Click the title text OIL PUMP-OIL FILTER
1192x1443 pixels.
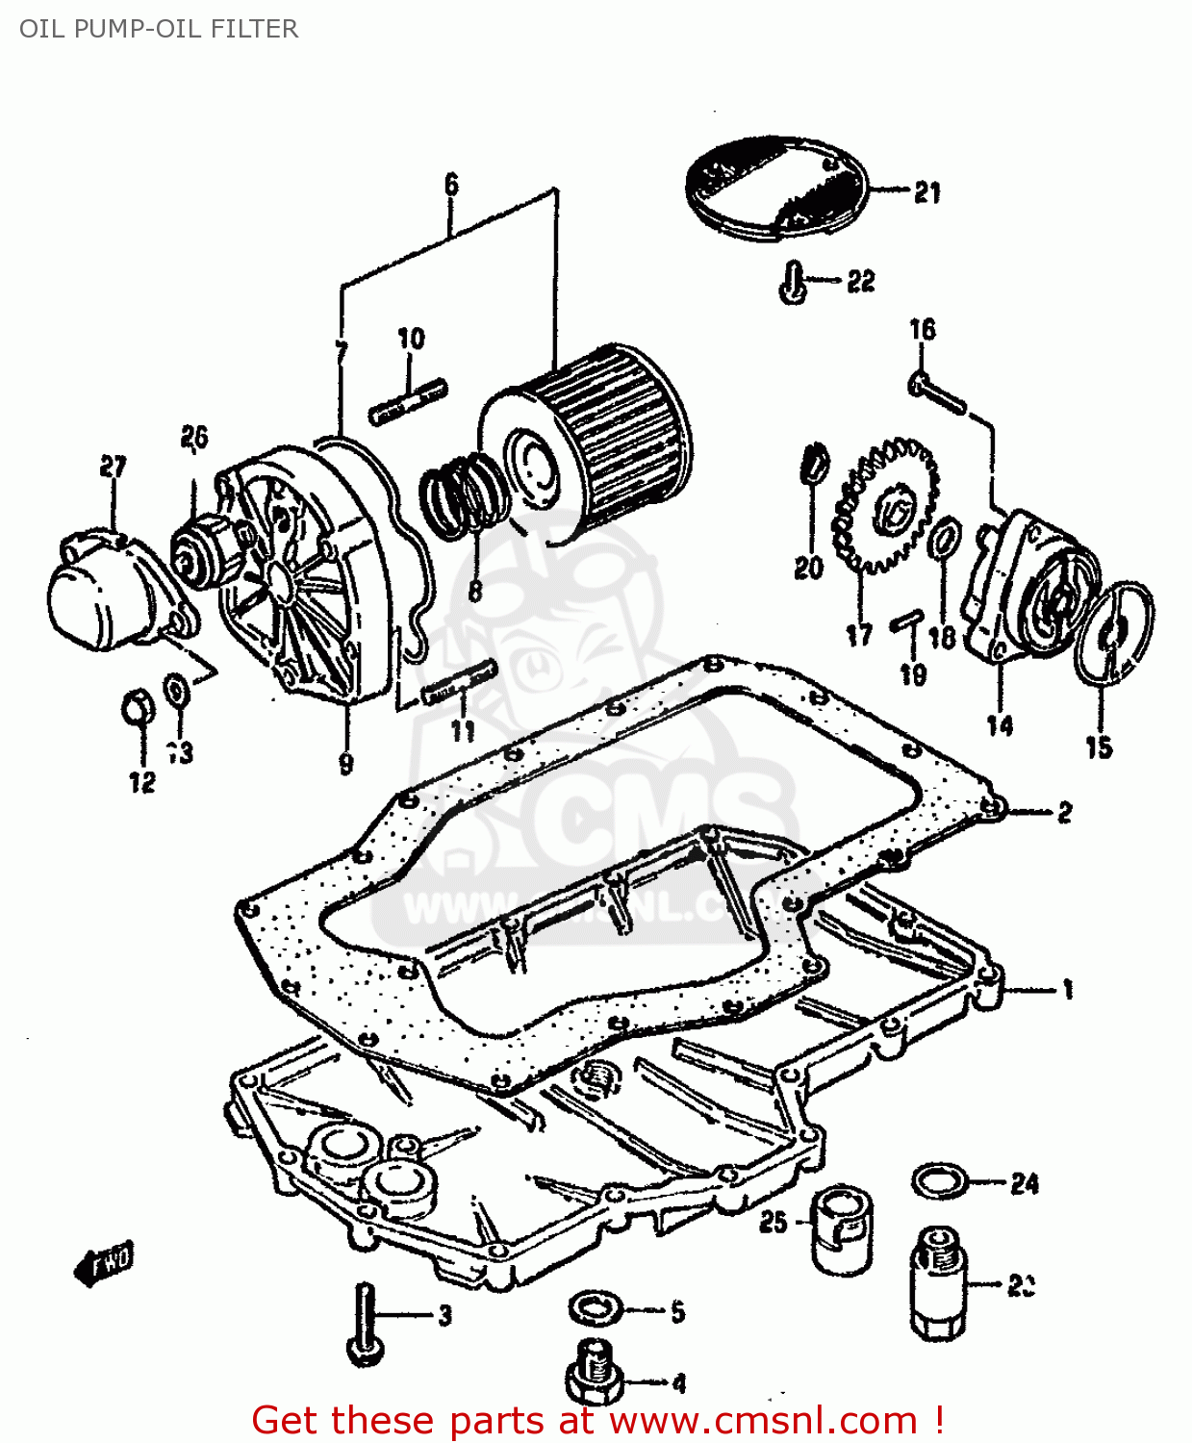coord(159,29)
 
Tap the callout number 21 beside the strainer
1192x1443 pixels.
coord(927,192)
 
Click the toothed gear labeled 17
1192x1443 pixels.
coord(883,510)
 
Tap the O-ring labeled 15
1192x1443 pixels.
coord(1116,631)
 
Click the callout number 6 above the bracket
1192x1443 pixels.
coord(451,184)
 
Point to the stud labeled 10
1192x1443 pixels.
coord(408,402)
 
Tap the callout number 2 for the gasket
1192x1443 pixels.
coord(1064,813)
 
